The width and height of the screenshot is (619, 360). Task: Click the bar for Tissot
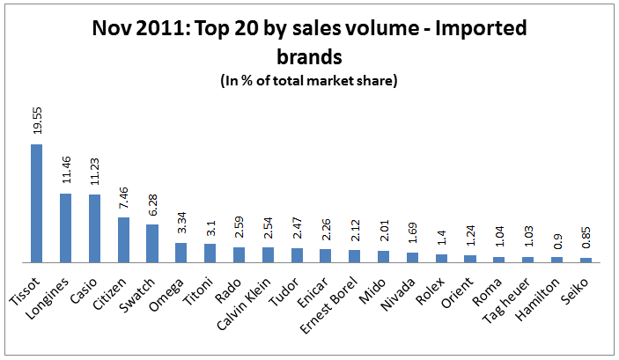37,203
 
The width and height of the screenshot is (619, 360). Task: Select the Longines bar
66,228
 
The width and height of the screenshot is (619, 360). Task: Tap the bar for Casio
94,229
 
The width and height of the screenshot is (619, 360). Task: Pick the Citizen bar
123,240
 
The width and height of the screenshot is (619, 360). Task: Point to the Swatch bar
152,244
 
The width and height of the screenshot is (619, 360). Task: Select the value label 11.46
66,174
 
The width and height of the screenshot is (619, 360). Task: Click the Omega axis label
173,284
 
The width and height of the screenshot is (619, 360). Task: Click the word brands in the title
309,57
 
